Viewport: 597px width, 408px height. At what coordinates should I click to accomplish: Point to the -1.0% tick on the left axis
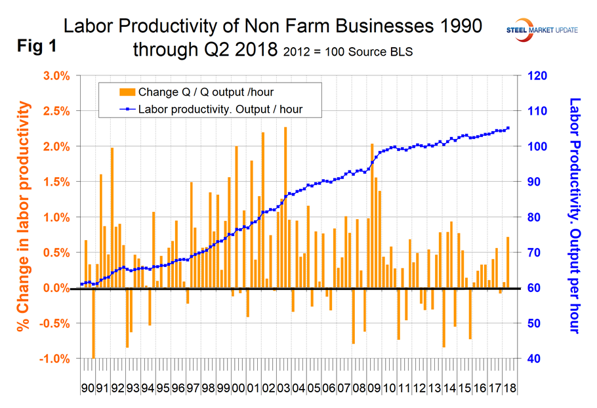coord(54,359)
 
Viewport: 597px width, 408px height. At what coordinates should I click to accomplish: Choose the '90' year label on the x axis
coord(87,388)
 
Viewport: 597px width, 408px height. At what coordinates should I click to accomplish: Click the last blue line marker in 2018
coord(508,128)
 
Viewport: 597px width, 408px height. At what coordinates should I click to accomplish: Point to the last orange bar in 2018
coord(508,262)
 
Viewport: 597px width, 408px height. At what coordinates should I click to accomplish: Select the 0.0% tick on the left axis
coord(56,288)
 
